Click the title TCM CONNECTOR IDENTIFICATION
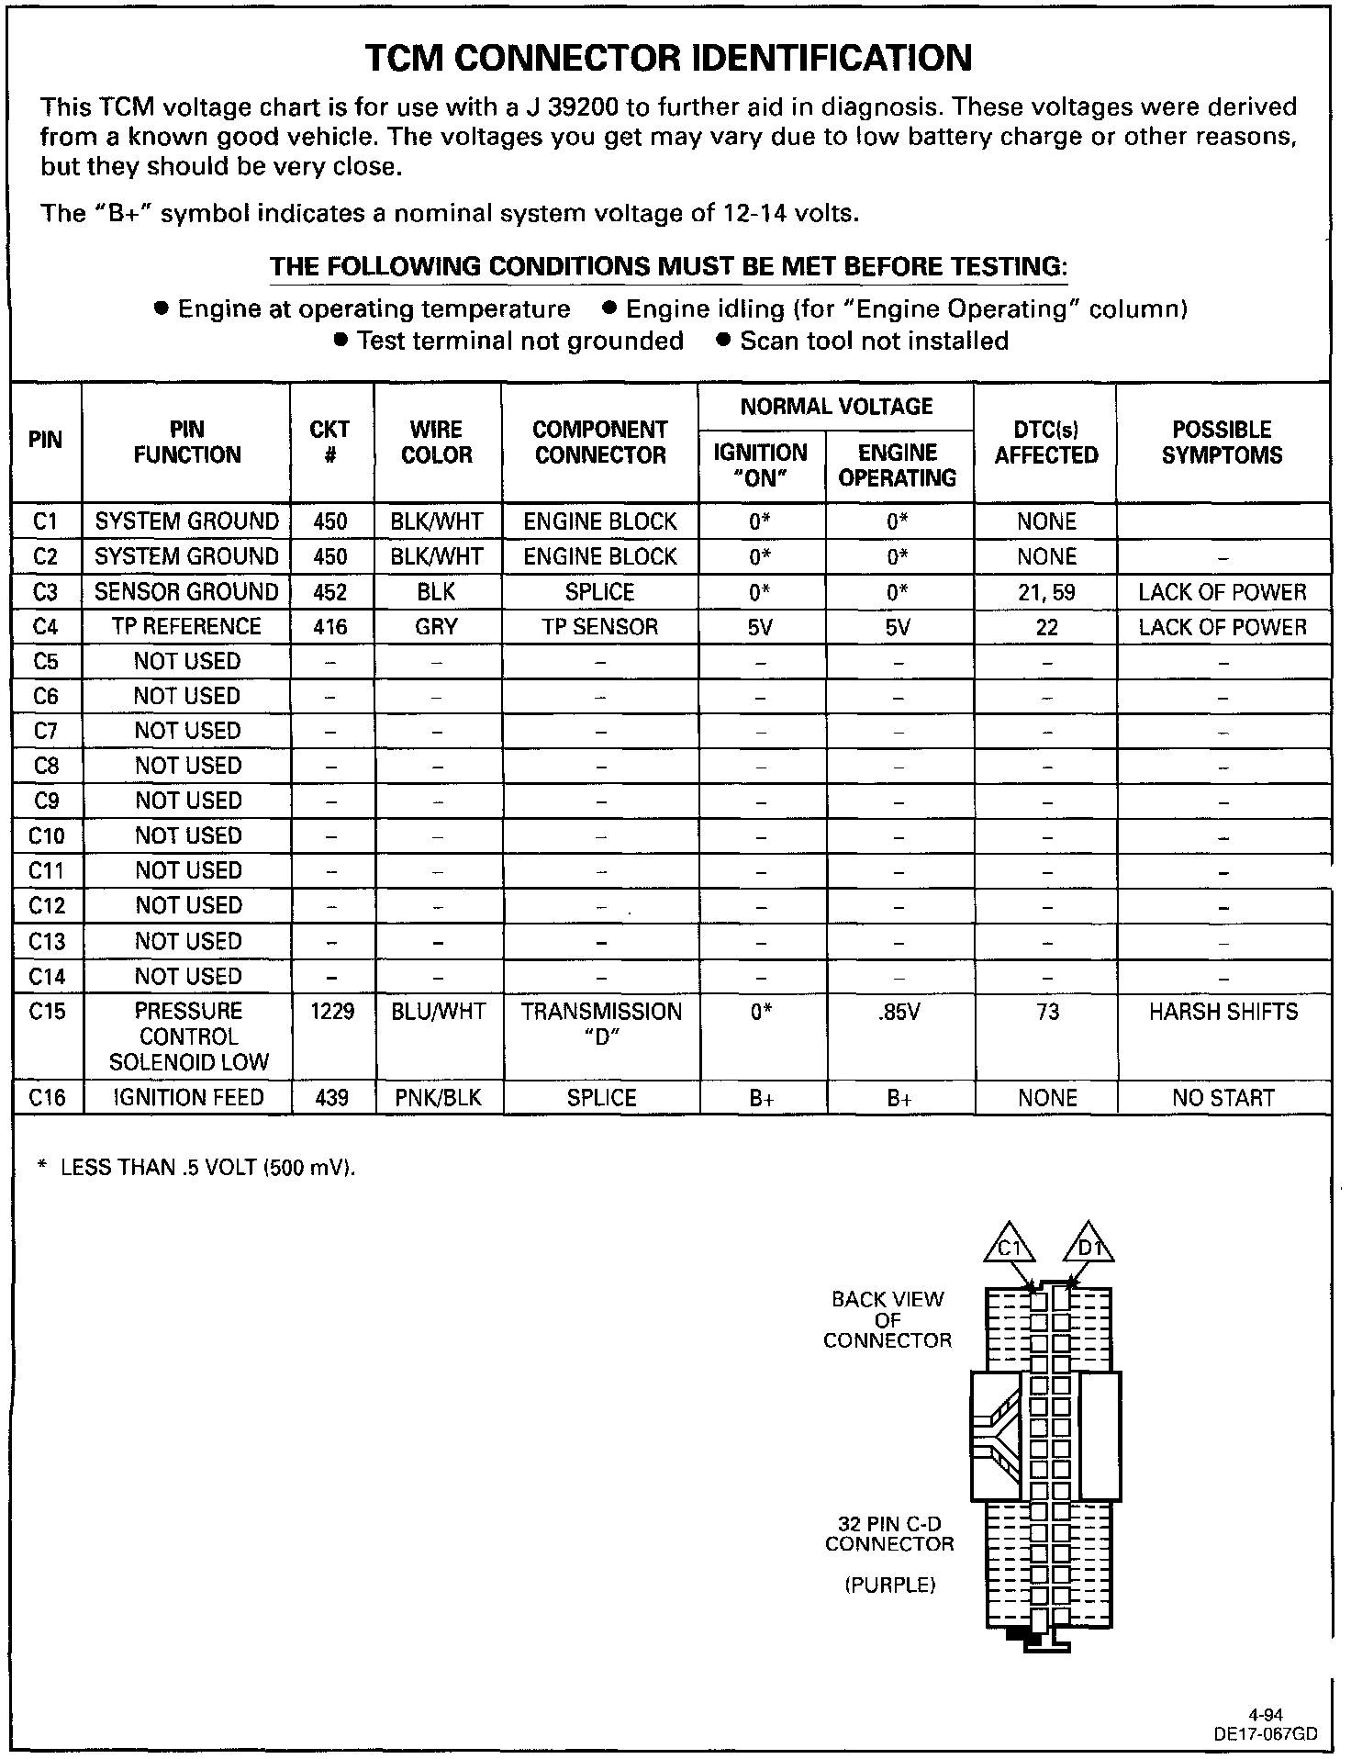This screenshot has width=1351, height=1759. (x=668, y=58)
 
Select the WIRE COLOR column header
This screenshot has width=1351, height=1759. (x=437, y=443)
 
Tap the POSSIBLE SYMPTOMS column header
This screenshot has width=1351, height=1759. (x=1222, y=443)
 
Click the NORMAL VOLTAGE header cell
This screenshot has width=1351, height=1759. (x=836, y=407)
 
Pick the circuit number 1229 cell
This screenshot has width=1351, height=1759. (x=332, y=1012)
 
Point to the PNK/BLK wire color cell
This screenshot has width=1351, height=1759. (x=439, y=1098)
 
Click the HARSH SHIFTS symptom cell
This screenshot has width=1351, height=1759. (x=1223, y=1012)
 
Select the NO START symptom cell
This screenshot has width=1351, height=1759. (x=1223, y=1098)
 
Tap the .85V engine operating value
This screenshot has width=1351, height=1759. (x=899, y=1012)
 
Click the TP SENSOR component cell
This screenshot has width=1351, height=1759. (x=600, y=627)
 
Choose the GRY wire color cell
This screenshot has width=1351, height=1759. (x=437, y=627)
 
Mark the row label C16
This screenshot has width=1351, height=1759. (x=47, y=1098)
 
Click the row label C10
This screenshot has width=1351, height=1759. (x=47, y=835)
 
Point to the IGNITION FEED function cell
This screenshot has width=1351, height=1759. (x=188, y=1098)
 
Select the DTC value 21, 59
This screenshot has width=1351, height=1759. (x=1046, y=592)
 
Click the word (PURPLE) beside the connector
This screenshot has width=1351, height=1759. (x=889, y=1585)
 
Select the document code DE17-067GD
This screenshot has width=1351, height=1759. (x=1266, y=1734)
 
